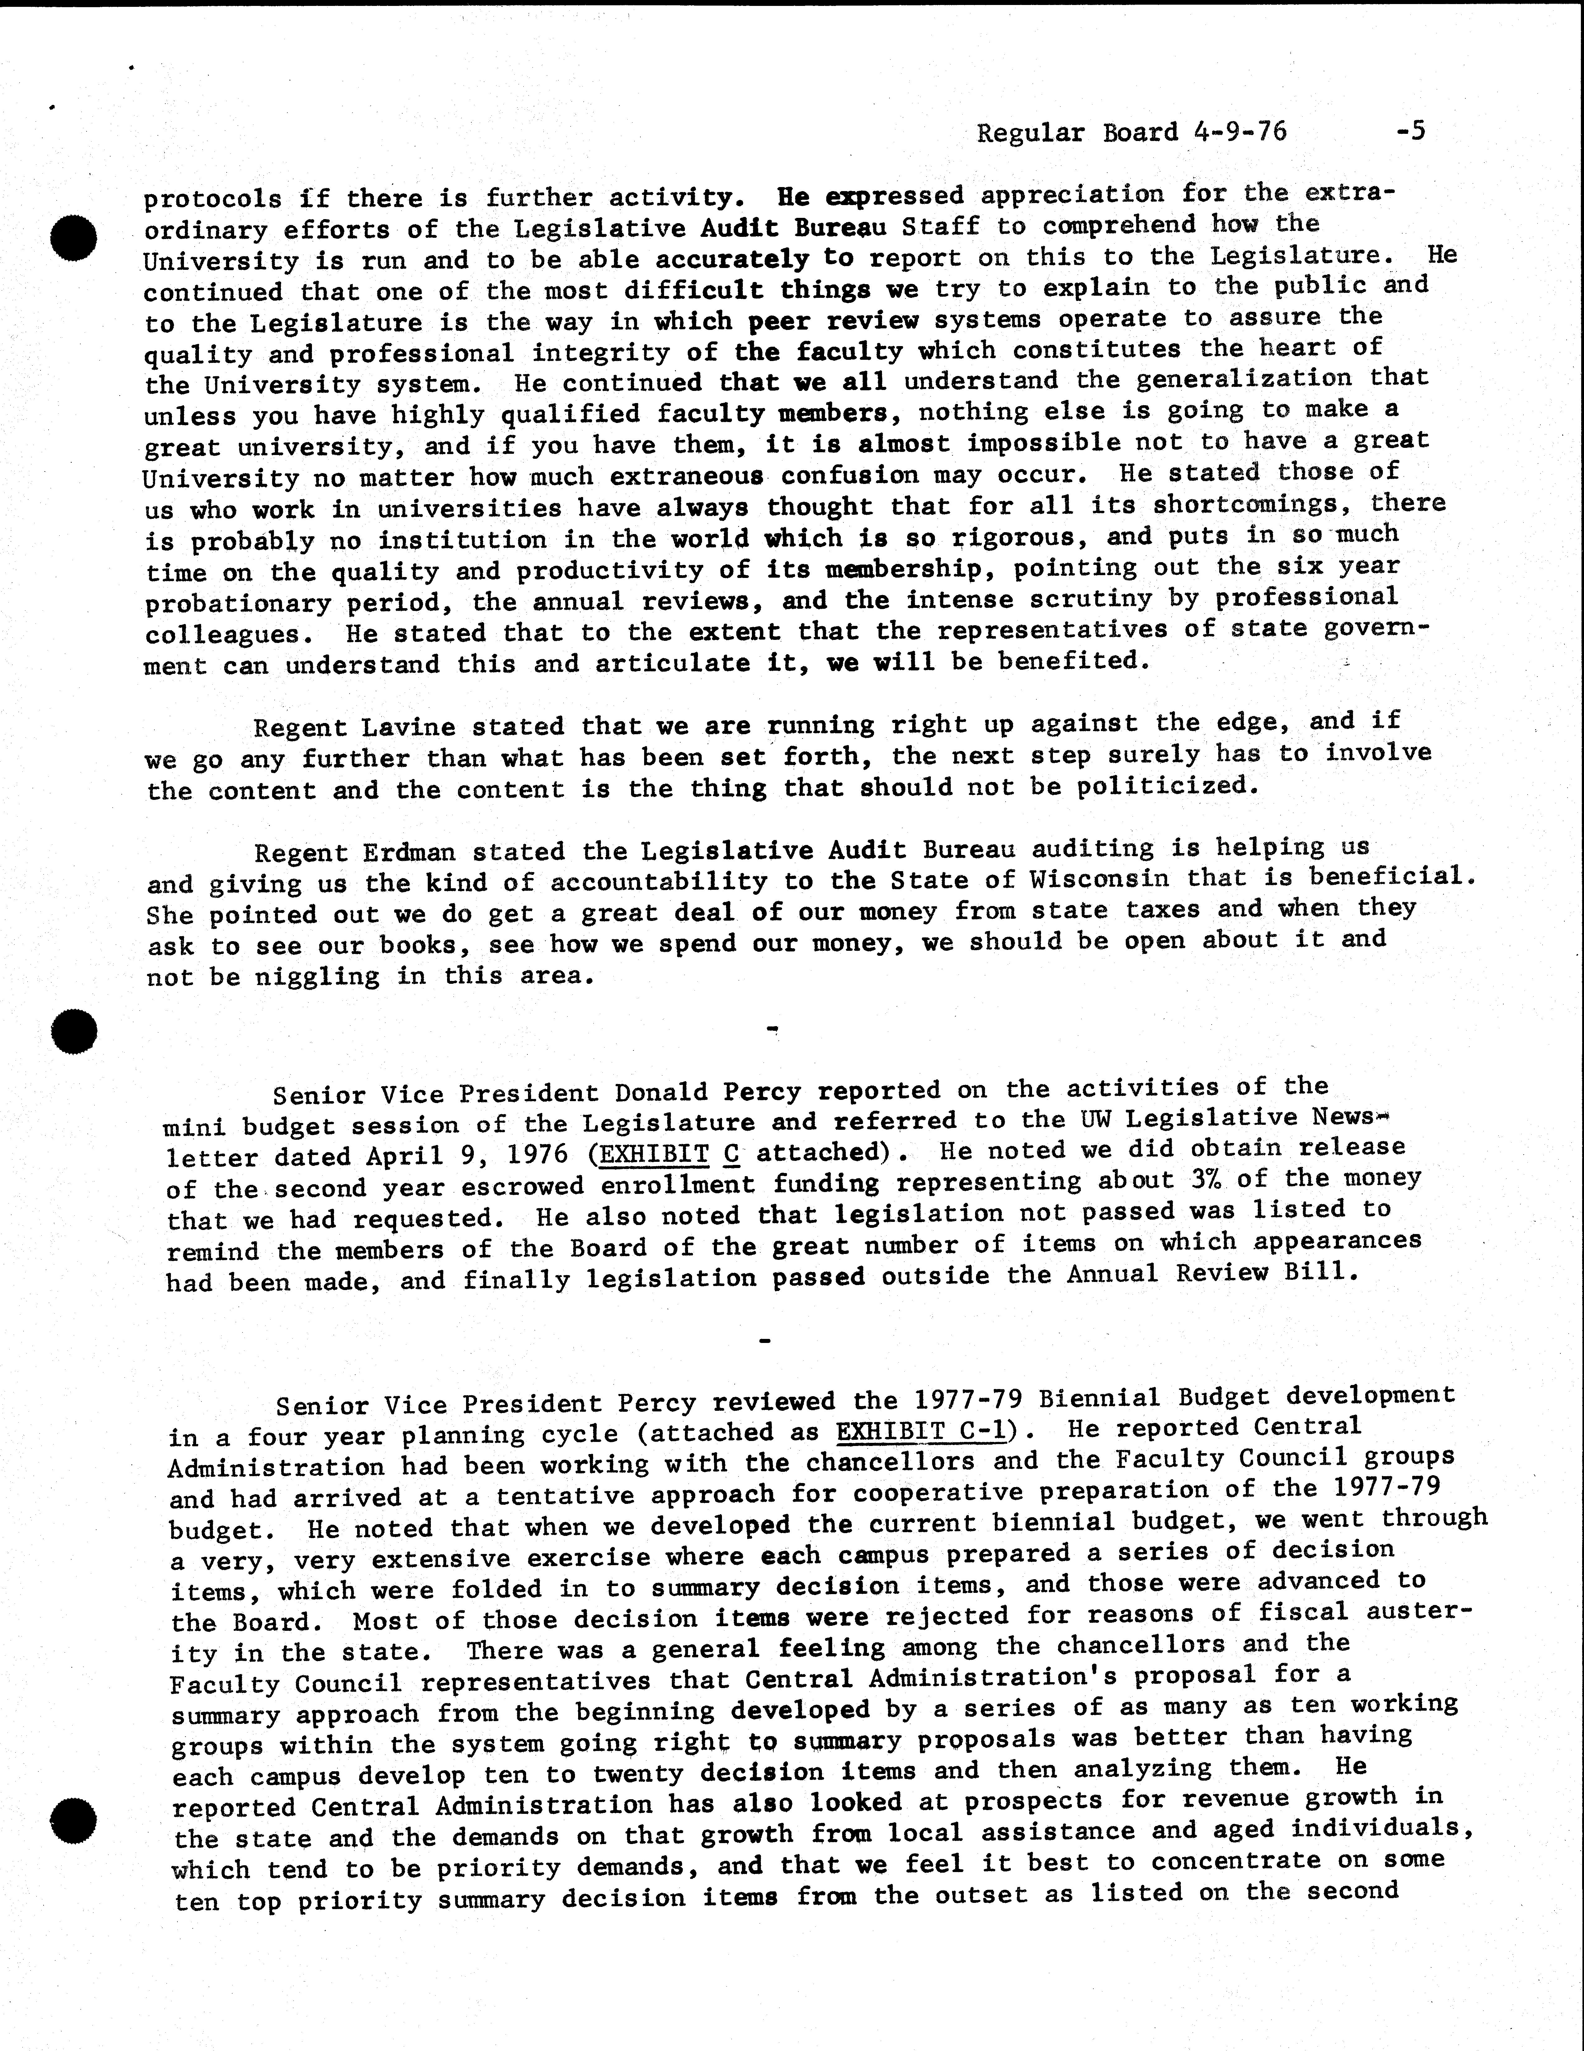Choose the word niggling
(318, 977)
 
